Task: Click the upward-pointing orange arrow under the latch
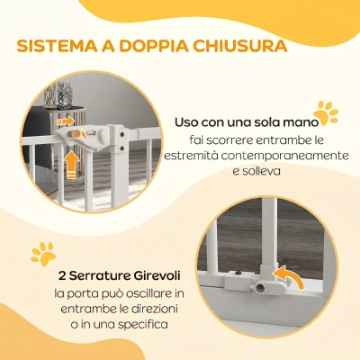(x=72, y=165)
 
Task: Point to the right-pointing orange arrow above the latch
(x=65, y=121)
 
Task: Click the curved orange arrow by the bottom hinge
(x=290, y=276)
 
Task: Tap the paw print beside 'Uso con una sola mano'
(x=326, y=113)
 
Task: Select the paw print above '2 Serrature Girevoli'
(x=44, y=255)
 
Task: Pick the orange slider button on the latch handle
(x=73, y=134)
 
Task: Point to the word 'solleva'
(x=260, y=171)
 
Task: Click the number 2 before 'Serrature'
(x=62, y=276)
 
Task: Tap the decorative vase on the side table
(x=64, y=95)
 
